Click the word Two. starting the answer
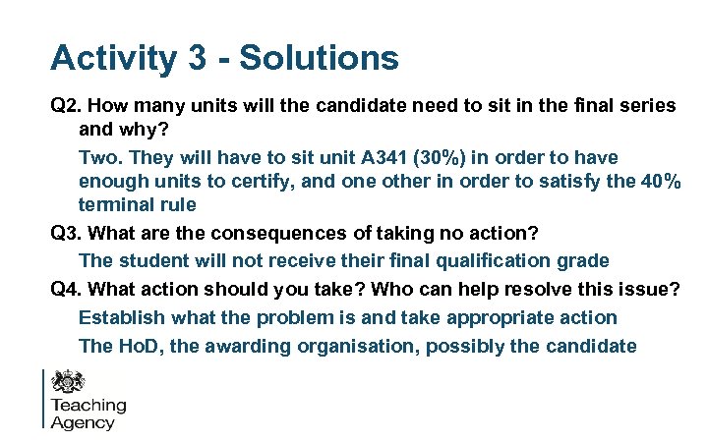point(100,157)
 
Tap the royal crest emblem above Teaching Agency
point(70,380)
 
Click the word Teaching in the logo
point(88,405)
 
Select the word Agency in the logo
point(83,422)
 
